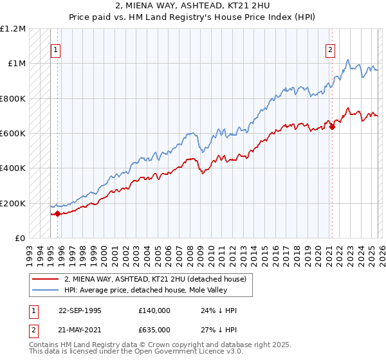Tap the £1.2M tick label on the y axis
pyautogui.click(x=13, y=29)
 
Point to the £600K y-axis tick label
pyautogui.click(x=12, y=133)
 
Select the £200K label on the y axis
pyautogui.click(x=12, y=203)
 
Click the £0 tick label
pyautogui.click(x=19, y=238)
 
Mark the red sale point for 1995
pyautogui.click(x=58, y=213)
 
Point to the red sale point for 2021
pyautogui.click(x=333, y=127)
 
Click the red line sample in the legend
pyautogui.click(x=46, y=279)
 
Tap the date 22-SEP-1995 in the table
pyautogui.click(x=82, y=310)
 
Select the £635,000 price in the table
pyautogui.click(x=154, y=328)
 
